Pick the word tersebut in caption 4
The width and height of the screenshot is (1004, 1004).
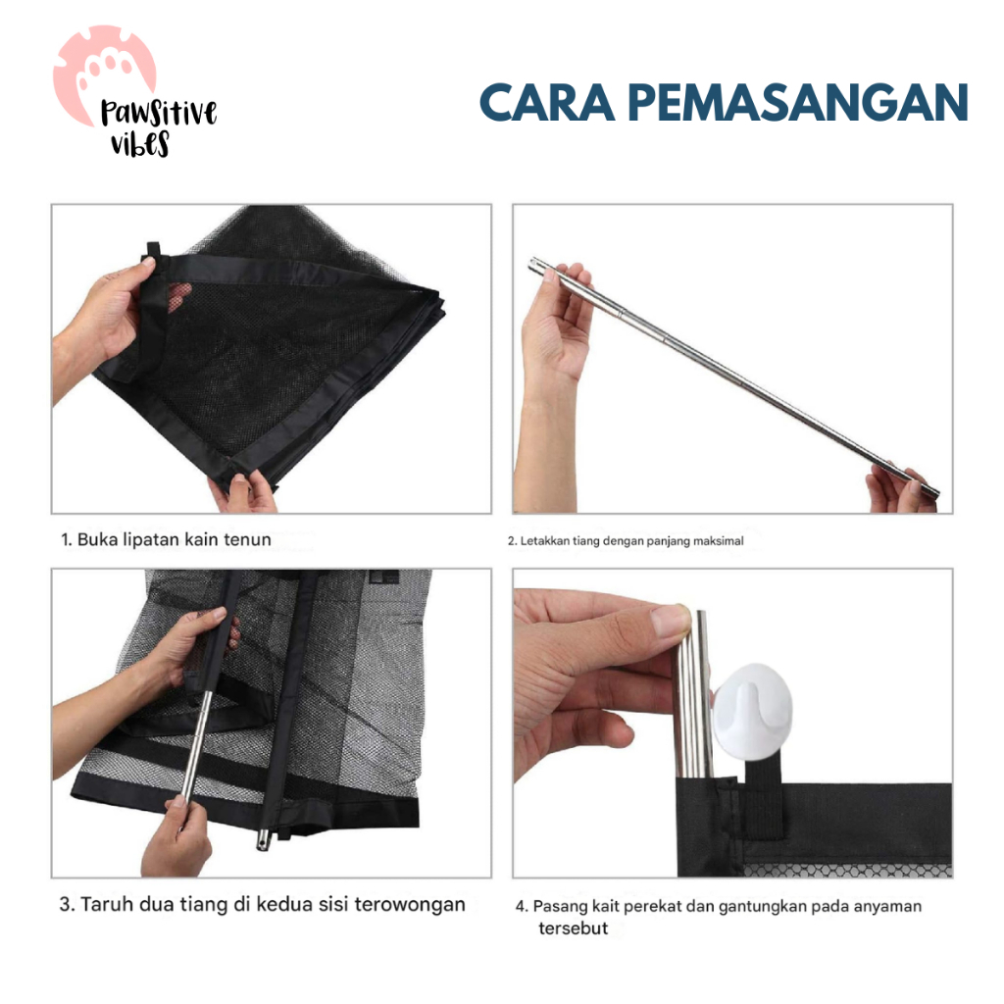pyautogui.click(x=573, y=928)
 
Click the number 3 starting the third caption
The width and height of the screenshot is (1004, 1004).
pyautogui.click(x=65, y=904)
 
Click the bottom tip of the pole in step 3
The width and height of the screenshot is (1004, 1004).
pyautogui.click(x=263, y=842)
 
